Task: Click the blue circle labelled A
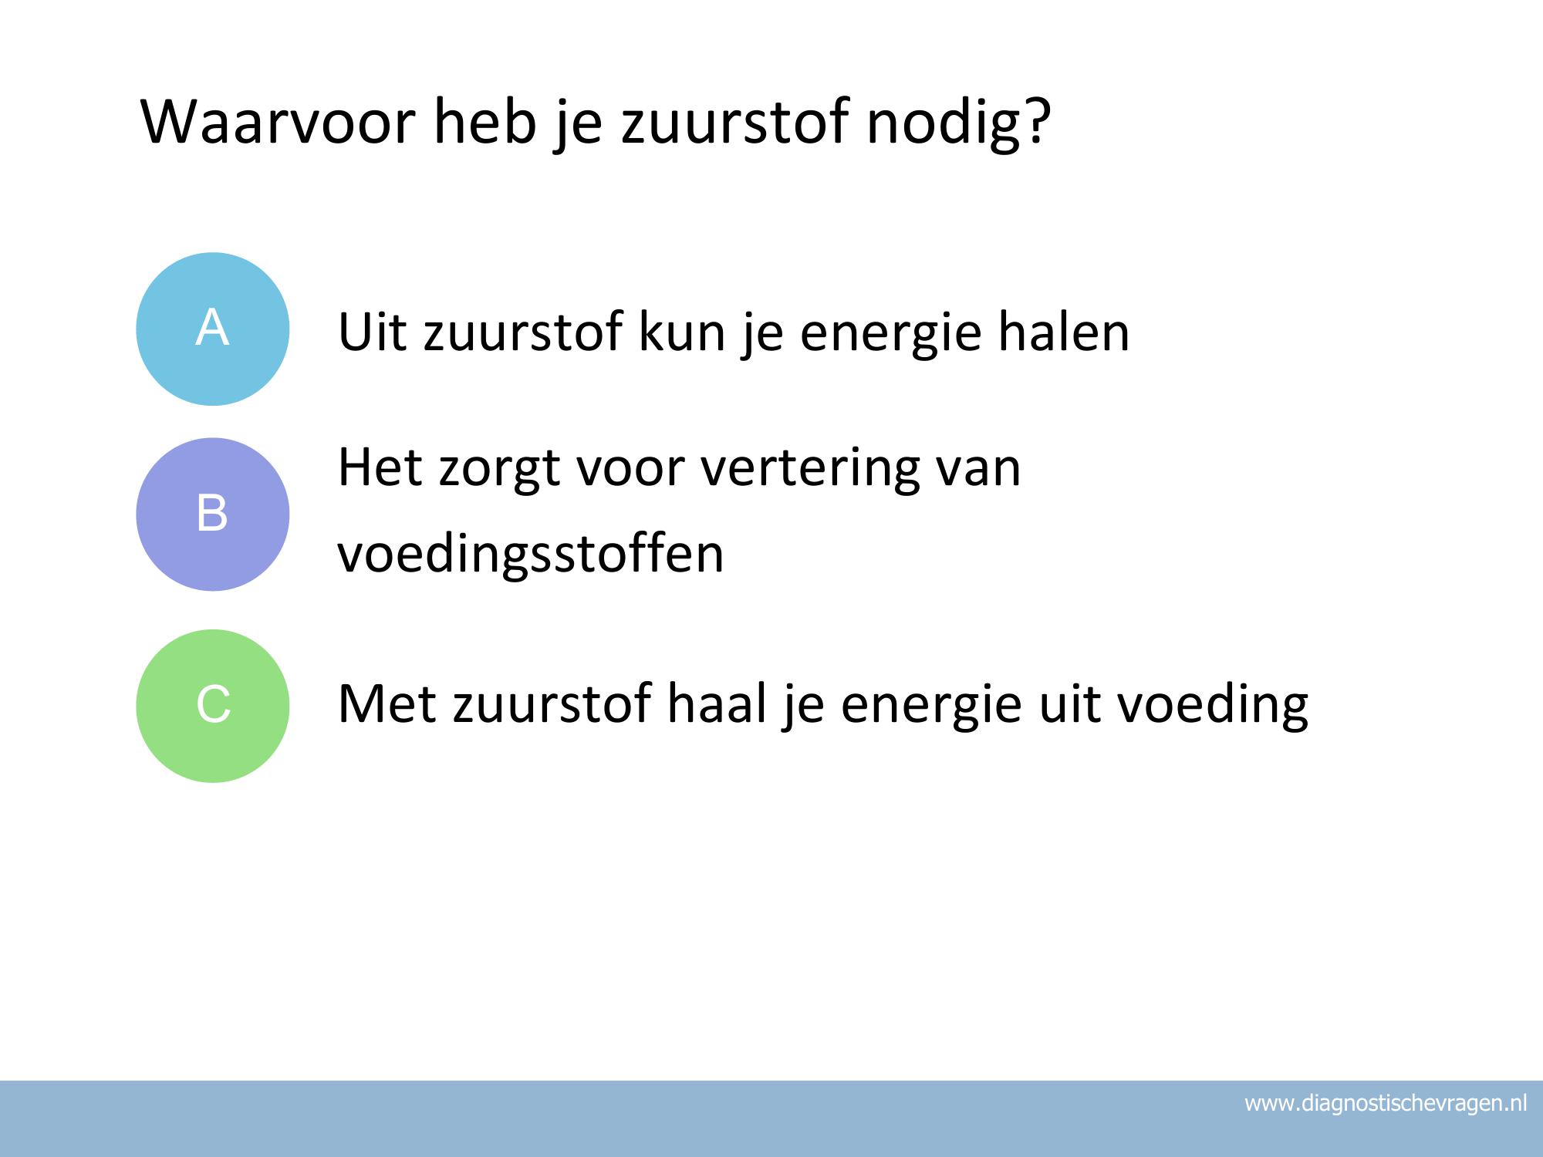pyautogui.click(x=213, y=329)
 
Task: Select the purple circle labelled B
pyautogui.click(x=213, y=514)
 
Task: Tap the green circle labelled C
pyautogui.click(x=213, y=706)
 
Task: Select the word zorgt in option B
pyautogui.click(x=499, y=471)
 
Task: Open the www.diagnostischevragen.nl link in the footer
pyautogui.click(x=1386, y=1104)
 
